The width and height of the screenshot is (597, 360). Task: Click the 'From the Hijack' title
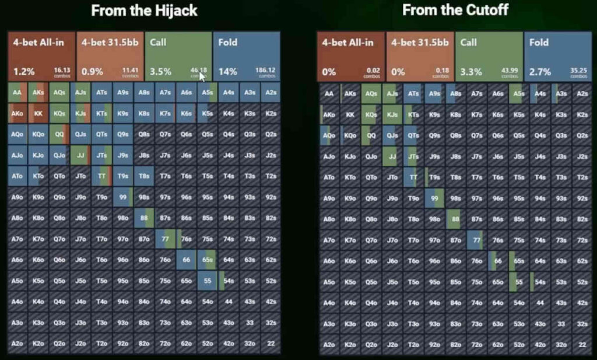pos(144,10)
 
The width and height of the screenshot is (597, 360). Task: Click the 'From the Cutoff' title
pos(455,10)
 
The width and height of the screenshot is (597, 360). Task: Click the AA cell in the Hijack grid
pos(17,93)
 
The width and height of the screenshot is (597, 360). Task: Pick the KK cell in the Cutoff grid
pos(350,115)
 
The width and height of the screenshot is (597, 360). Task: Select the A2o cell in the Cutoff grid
pos(329,344)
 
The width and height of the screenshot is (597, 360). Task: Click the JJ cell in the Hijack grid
pos(80,156)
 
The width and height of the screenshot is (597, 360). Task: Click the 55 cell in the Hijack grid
pos(208,281)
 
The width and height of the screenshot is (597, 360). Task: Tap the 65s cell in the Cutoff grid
pos(518,261)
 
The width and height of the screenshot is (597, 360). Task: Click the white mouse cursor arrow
pos(202,76)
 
